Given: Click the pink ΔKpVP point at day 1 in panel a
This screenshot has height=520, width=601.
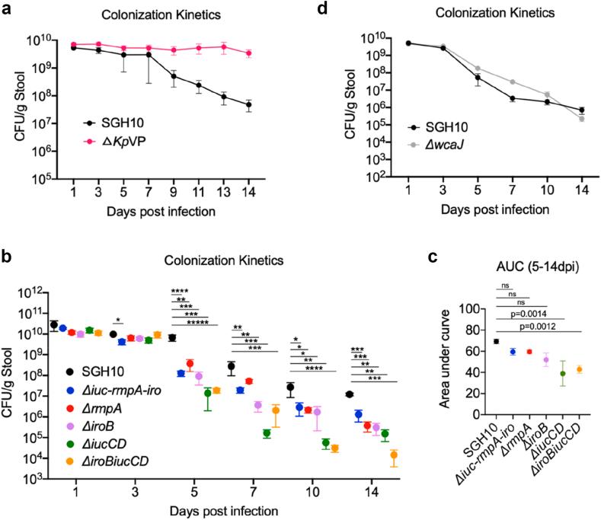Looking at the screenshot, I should point(73,45).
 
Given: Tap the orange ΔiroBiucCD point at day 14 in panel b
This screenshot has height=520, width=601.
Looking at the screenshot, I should point(394,455).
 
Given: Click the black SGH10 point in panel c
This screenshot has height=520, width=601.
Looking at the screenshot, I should point(496,341).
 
